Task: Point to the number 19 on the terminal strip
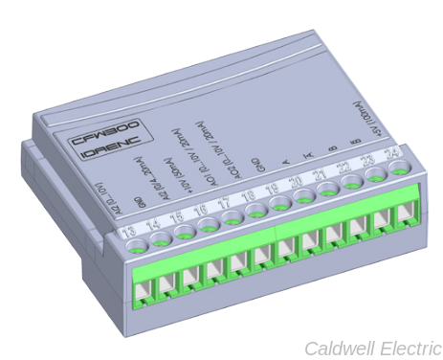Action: pyautogui.click(x=272, y=188)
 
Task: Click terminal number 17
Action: pyautogui.click(x=224, y=202)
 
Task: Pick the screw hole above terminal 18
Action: pyautogui.click(x=255, y=212)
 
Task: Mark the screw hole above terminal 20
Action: pyautogui.click(x=302, y=197)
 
